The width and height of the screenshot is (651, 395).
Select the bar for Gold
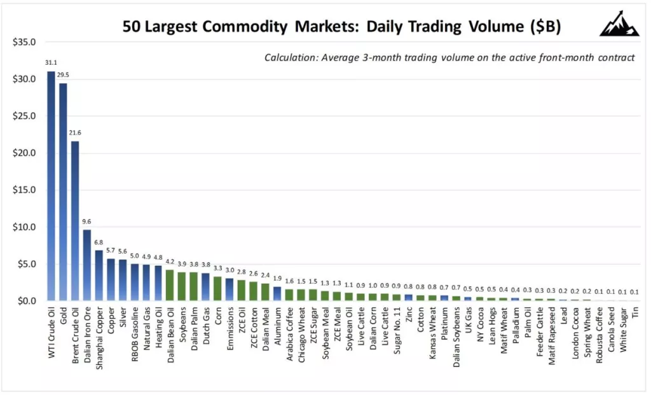click(x=63, y=191)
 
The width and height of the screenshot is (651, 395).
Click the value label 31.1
click(x=51, y=63)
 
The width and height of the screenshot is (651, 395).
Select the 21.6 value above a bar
click(x=75, y=133)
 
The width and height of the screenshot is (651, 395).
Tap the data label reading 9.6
click(x=87, y=222)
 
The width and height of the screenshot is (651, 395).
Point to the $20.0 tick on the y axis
click(x=26, y=153)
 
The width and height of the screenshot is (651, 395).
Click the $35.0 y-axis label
click(x=26, y=43)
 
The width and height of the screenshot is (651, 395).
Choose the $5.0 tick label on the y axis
click(x=28, y=264)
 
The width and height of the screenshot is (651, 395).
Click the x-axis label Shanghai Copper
click(x=99, y=333)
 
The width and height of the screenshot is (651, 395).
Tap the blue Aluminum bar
click(x=277, y=293)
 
